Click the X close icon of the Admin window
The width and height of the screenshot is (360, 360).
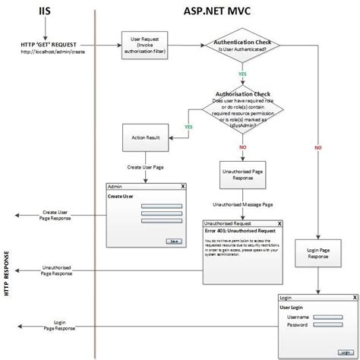183,186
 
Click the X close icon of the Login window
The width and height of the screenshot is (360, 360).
352,298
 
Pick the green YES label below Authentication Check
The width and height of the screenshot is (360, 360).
242,75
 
